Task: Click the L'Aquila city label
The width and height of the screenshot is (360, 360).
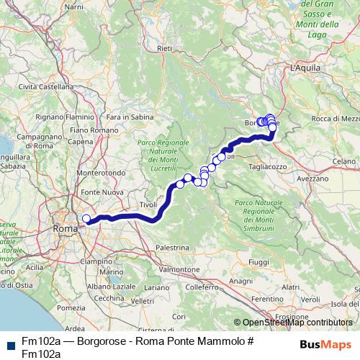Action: point(303,67)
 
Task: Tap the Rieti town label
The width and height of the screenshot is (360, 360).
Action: point(165,48)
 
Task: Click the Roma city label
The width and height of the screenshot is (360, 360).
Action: point(64,229)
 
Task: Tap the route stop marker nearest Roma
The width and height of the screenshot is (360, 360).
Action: point(86,219)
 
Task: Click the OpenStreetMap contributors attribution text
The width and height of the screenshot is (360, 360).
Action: point(297,323)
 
